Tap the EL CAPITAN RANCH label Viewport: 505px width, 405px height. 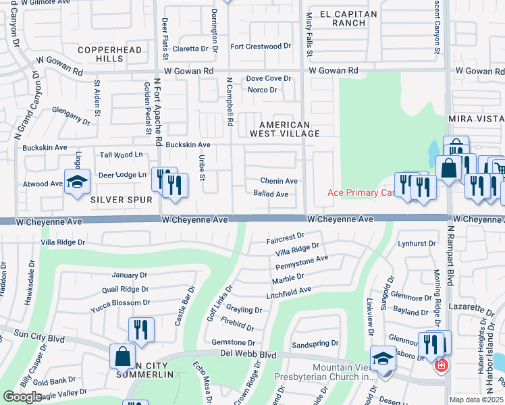tap(342, 18)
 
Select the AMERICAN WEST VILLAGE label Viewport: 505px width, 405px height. tap(284, 129)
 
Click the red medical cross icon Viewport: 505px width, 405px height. tap(441, 365)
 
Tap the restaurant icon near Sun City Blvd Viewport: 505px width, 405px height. tap(141, 329)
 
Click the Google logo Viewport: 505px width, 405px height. tap(23, 397)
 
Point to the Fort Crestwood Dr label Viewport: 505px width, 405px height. tap(260, 47)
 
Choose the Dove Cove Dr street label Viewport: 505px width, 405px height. tap(268, 79)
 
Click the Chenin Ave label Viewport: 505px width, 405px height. tap(280, 181)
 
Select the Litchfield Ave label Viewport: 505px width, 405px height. tap(288, 290)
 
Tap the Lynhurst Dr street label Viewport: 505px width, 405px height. tap(414, 243)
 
